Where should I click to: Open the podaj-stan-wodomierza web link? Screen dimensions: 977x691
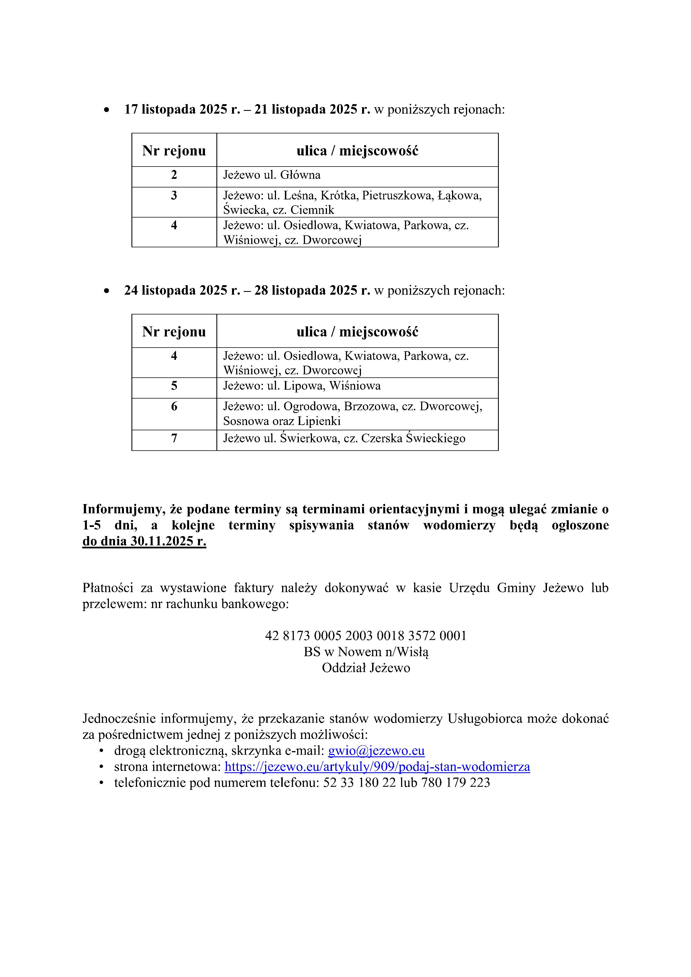[x=377, y=767]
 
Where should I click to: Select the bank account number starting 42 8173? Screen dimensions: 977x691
[x=365, y=636]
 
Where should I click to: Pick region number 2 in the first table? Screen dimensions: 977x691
[x=174, y=175]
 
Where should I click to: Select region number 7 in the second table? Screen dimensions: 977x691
[x=174, y=438]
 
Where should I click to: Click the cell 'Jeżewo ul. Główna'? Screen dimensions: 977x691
[x=272, y=175]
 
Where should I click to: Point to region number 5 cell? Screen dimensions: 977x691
[x=174, y=386]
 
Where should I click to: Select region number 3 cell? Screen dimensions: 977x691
[x=174, y=196]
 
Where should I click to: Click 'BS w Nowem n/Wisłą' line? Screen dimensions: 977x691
[x=365, y=652]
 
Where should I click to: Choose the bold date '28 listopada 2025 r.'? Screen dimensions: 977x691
[x=312, y=291]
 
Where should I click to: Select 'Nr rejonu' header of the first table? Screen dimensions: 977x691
[x=174, y=151]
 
